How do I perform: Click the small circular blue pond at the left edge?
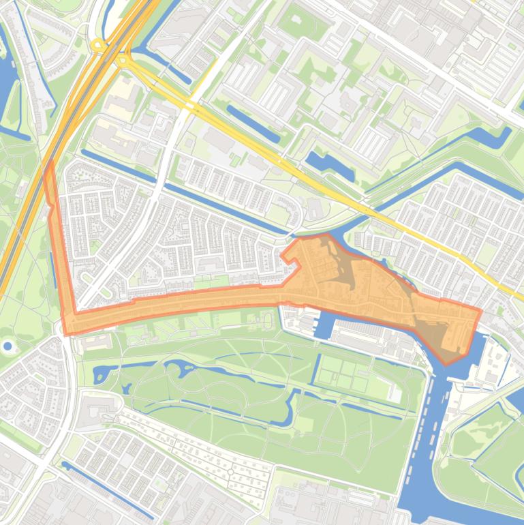point(7,346)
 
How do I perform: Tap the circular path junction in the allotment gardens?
point(230,471)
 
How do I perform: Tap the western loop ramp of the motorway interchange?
point(99,46)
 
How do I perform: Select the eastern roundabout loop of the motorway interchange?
point(123,61)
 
